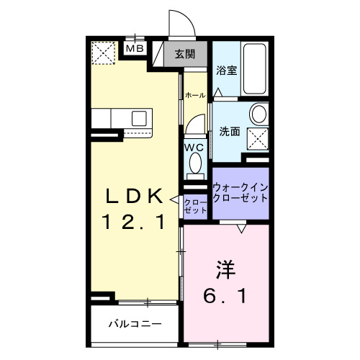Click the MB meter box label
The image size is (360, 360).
point(135,48)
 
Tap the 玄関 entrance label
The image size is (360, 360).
point(185,53)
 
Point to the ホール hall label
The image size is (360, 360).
point(194,95)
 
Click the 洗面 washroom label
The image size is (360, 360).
point(230,132)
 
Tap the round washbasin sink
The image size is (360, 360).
point(259,114)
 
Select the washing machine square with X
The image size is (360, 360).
point(258,138)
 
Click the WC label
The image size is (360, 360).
point(194,148)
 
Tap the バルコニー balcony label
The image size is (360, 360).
point(135,324)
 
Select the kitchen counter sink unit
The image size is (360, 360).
point(122,118)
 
